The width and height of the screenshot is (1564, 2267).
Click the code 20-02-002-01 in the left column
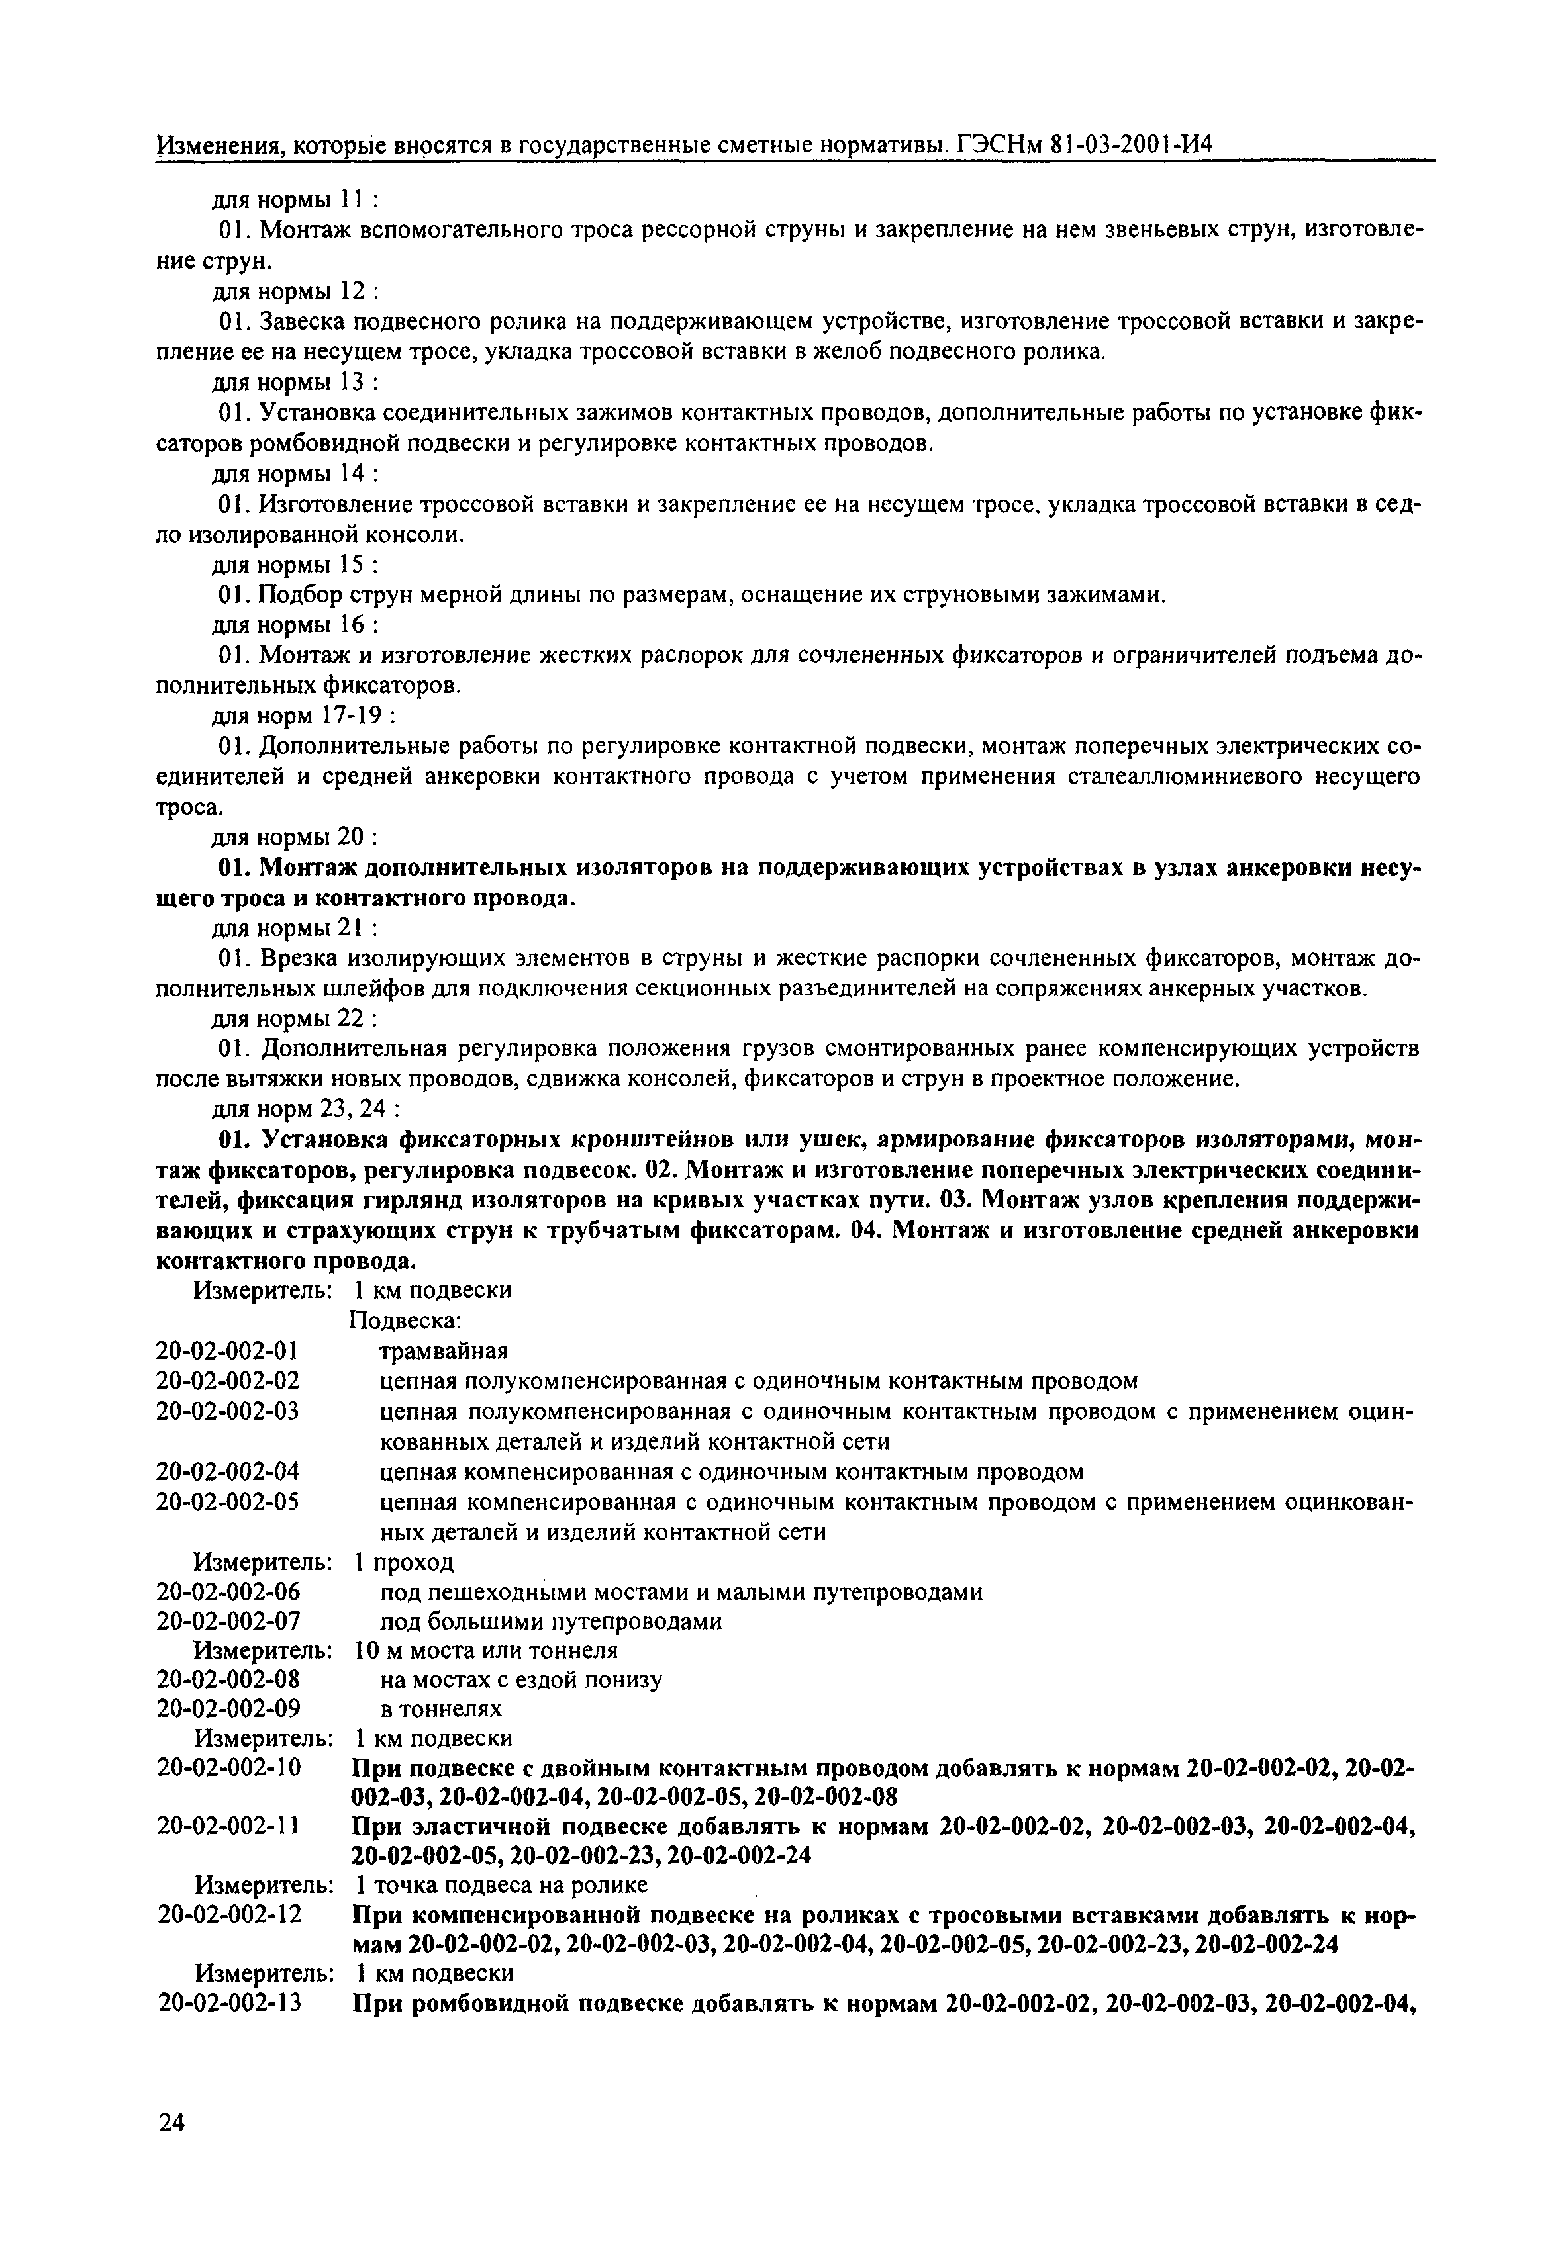pyautogui.click(x=226, y=1351)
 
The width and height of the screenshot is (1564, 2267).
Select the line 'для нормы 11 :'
pyautogui.click(x=296, y=200)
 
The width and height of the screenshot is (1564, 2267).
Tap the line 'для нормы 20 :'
pyautogui.click(x=296, y=838)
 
